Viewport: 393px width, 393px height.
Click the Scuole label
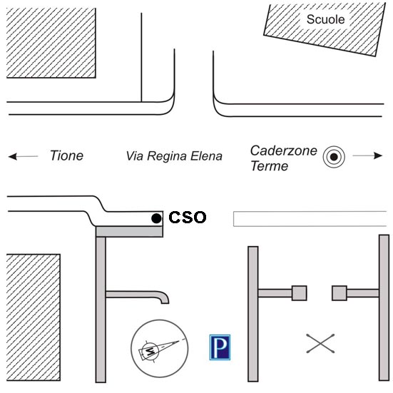click(325, 19)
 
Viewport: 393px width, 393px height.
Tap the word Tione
click(66, 155)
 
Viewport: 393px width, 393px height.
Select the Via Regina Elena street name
click(174, 156)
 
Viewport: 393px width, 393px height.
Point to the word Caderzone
click(284, 150)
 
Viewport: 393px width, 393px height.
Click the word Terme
click(270, 166)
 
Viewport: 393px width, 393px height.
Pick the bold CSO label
click(188, 218)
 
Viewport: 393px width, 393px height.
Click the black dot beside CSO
click(156, 218)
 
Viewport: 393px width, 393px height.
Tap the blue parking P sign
click(220, 347)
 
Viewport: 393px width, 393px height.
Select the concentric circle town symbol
click(334, 157)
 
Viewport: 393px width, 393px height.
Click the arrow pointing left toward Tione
click(23, 156)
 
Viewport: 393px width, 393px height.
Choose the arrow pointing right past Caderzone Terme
click(367, 155)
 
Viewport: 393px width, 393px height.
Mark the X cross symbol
click(320, 343)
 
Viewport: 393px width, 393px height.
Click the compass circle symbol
click(159, 348)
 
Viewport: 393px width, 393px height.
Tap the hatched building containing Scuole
click(325, 29)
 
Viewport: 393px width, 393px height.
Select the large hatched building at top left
click(51, 43)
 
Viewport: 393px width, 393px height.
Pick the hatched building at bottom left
click(34, 317)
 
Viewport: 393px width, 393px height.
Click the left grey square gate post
click(300, 293)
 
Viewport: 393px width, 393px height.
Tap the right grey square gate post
click(340, 293)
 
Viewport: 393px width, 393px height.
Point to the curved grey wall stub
click(138, 295)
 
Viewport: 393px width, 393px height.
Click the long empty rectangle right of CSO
click(310, 219)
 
